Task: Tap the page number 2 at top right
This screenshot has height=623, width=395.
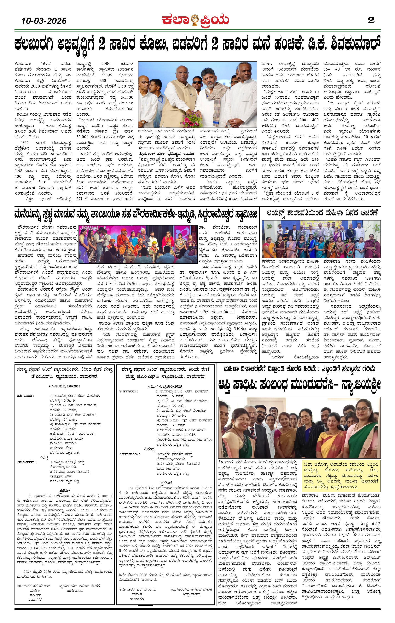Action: pyautogui.click(x=371, y=20)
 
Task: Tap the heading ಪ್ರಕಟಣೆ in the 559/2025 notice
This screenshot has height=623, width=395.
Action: pyautogui.click(x=64, y=490)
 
